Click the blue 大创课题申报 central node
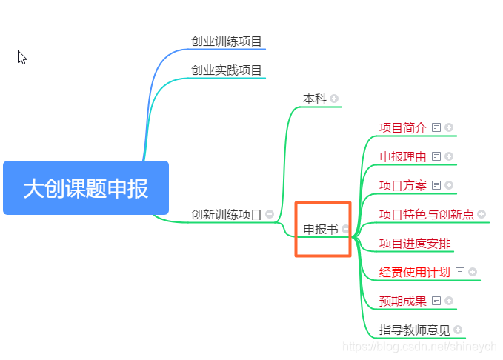click(86, 188)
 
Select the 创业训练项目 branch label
click(227, 41)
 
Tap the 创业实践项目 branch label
click(227, 70)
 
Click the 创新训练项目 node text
click(227, 215)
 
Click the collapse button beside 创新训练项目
click(270, 215)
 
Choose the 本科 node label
click(315, 99)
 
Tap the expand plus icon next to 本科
click(334, 99)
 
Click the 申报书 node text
click(321, 229)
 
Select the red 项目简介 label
click(403, 127)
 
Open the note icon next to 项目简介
click(436, 127)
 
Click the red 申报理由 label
click(403, 156)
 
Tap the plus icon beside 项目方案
click(449, 185)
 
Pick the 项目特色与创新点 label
click(427, 214)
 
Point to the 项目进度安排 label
click(415, 243)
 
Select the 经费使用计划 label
click(415, 272)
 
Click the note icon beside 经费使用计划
click(460, 272)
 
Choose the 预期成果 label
click(403, 301)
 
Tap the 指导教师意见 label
click(415, 330)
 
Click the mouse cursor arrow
click(21, 57)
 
